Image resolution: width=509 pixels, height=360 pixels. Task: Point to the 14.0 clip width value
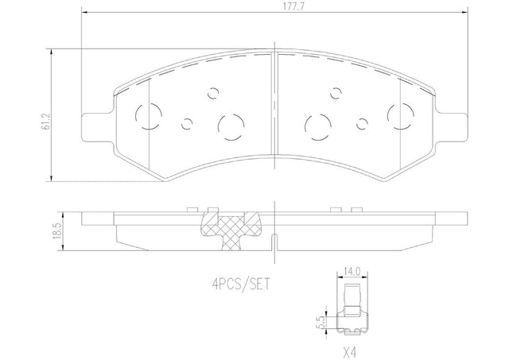pyautogui.click(x=352, y=271)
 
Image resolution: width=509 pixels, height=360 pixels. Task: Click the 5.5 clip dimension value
pyautogui.click(x=322, y=323)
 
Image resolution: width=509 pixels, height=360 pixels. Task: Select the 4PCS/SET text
pyautogui.click(x=241, y=285)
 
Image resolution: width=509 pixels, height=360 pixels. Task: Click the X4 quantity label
pyautogui.click(x=352, y=352)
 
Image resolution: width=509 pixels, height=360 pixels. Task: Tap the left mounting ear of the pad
pyautogui.click(x=97, y=127)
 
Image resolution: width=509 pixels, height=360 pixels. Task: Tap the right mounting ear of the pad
pyautogui.click(x=451, y=127)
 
